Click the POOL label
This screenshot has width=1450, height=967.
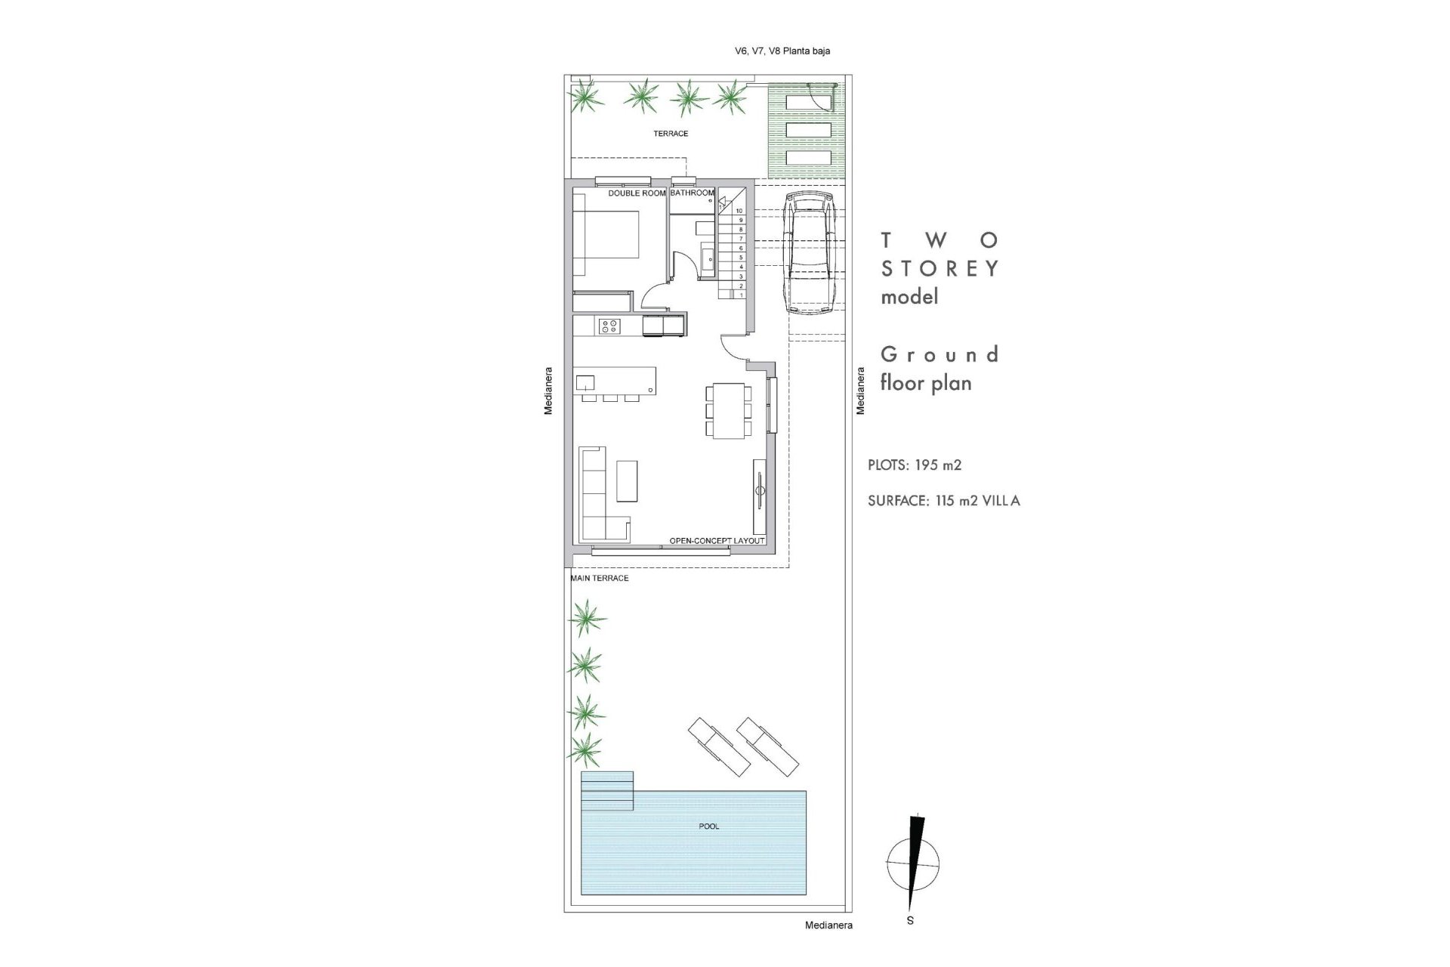point(708,826)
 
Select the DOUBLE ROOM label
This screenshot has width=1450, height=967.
point(637,193)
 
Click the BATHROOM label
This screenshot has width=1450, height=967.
point(692,193)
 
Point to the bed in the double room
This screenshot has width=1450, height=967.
point(606,243)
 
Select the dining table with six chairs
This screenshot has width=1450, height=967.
point(729,410)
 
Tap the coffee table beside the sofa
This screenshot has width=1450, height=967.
point(627,481)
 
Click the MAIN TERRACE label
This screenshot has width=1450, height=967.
point(600,578)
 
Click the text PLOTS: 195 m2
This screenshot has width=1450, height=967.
point(915,465)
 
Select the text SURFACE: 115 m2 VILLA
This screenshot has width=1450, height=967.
point(943,501)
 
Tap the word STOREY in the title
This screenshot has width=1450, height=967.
point(940,269)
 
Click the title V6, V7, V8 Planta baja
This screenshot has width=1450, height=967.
point(782,51)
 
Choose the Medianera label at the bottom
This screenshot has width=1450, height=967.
point(828,925)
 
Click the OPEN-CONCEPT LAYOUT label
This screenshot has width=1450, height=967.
point(717,541)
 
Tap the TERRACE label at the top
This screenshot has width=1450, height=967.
point(671,134)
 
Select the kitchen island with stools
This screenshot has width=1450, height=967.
point(615,380)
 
